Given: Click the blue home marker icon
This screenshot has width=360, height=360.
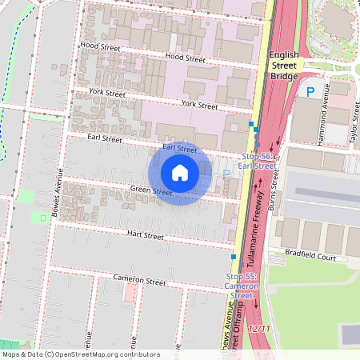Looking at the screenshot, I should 180,173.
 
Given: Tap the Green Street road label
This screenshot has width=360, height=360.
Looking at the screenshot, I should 151,191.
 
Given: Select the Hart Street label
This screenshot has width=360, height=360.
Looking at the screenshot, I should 145,236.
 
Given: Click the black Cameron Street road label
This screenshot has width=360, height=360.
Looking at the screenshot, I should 139,282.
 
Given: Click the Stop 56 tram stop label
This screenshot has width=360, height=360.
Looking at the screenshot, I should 258,161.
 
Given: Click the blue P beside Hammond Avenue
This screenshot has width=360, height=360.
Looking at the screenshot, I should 310,93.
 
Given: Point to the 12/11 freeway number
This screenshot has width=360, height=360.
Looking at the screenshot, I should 259,329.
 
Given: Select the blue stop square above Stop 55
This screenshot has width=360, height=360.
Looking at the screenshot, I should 234,257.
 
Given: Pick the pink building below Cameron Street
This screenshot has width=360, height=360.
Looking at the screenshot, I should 130,291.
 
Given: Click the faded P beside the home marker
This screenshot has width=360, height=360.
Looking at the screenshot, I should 226,172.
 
